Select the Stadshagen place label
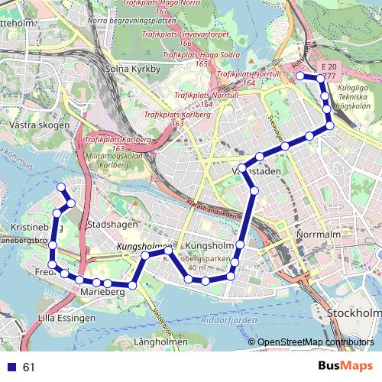point(112,225)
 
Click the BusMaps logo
point(345,367)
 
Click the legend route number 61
point(29,367)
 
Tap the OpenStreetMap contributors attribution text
point(314,342)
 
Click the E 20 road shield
point(329,66)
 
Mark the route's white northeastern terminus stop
point(299,76)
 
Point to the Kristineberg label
point(35,228)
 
